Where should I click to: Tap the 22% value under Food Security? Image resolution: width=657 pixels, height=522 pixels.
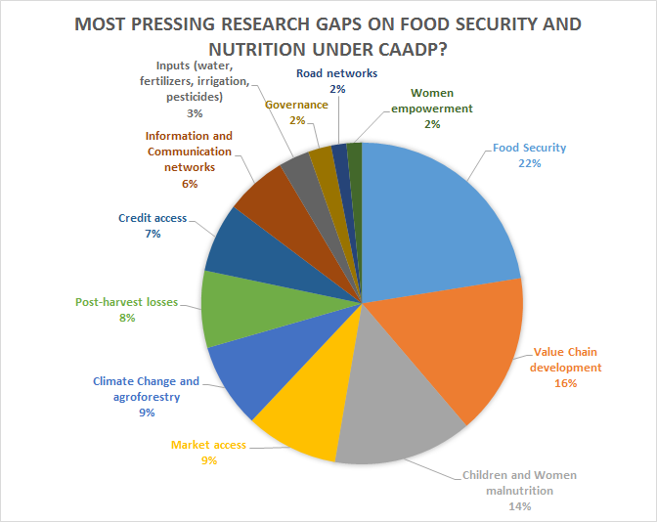530,164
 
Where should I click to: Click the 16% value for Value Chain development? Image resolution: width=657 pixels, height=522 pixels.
565,383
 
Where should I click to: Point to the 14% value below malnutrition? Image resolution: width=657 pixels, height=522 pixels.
518,506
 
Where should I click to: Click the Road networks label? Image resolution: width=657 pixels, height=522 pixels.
336,72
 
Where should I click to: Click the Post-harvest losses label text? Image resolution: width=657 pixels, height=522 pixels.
127,302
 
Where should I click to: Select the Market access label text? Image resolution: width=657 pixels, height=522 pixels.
208,445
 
